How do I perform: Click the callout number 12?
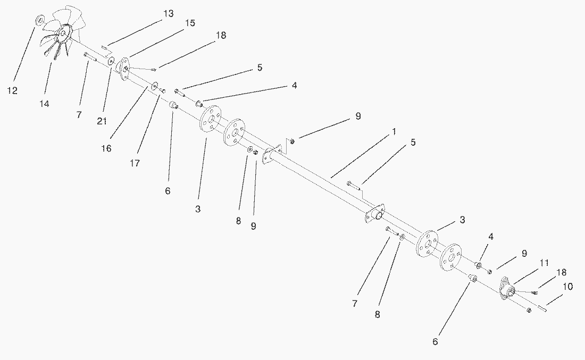[12, 91]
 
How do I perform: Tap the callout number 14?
[44, 104]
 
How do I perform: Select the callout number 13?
[168, 14]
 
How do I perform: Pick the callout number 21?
[102, 121]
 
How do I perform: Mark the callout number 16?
[106, 148]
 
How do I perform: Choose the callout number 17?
[135, 163]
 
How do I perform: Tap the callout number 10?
[567, 287]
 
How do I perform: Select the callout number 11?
[544, 263]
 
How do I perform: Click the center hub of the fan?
[63, 34]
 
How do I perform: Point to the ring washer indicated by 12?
[39, 20]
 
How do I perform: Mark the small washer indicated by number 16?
[155, 85]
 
